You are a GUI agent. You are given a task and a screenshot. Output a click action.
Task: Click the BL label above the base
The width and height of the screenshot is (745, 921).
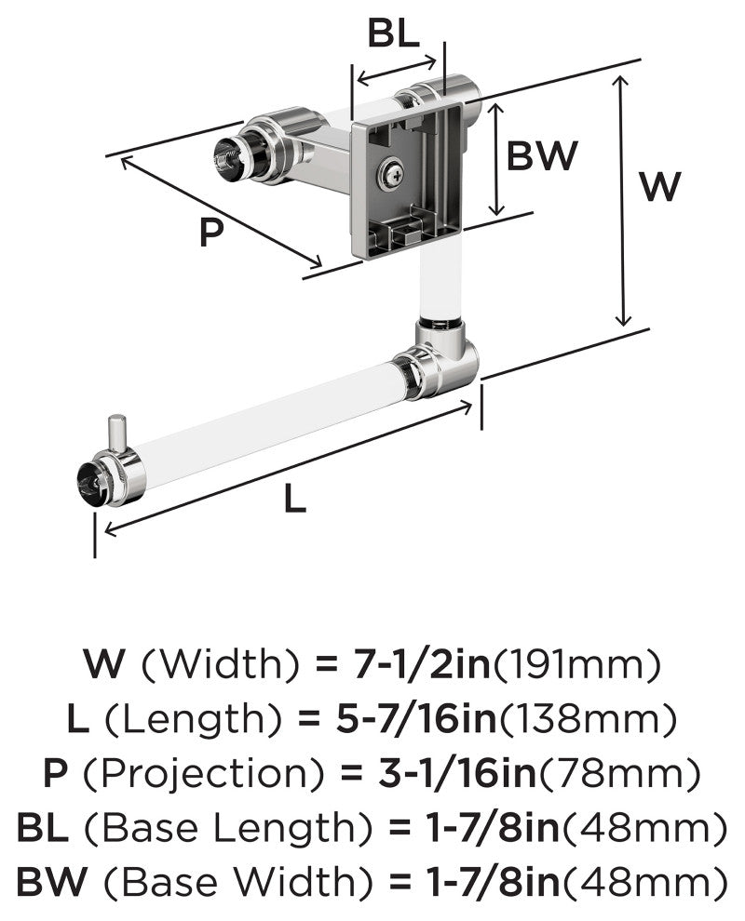(x=393, y=34)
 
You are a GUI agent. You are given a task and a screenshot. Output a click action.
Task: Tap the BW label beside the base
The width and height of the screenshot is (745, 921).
(x=542, y=155)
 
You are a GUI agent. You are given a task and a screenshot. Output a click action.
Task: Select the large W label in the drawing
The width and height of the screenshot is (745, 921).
(x=660, y=186)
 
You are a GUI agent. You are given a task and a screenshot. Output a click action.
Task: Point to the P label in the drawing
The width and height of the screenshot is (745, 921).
(x=211, y=232)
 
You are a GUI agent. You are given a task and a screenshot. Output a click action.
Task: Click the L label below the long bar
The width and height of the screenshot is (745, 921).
(x=294, y=500)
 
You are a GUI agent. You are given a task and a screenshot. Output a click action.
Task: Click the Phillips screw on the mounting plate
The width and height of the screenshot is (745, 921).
(x=391, y=174)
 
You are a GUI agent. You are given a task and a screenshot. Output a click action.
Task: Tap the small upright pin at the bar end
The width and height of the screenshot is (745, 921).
(x=117, y=434)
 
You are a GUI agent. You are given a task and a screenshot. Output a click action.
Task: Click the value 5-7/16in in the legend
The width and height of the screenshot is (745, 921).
(x=416, y=718)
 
